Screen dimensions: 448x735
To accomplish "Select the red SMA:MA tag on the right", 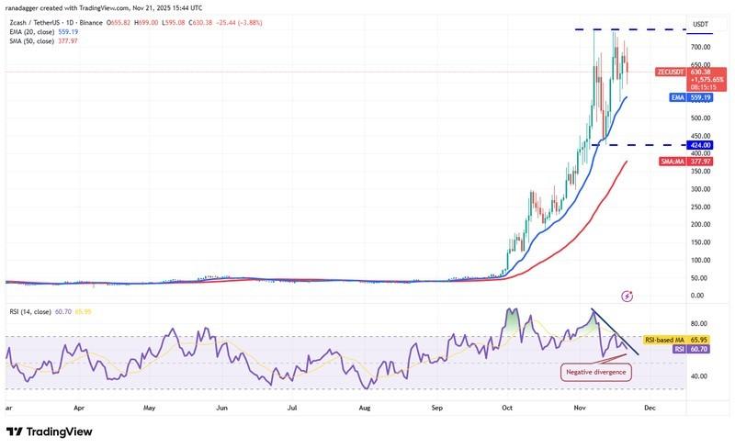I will click(x=673, y=161).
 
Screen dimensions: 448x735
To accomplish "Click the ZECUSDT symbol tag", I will click(x=672, y=71).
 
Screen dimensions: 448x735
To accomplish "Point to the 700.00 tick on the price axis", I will click(x=701, y=47).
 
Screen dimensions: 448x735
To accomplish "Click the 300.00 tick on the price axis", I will click(x=701, y=189).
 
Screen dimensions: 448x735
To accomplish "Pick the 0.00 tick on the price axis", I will click(x=697, y=296).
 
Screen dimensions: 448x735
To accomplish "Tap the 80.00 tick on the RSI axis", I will click(x=699, y=323).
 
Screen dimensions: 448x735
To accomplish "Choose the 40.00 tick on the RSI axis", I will click(x=699, y=375).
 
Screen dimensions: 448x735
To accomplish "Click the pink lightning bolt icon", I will click(x=628, y=296).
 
